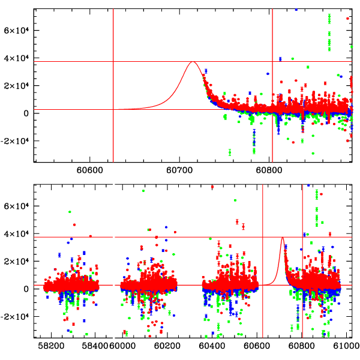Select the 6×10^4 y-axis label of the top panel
pyautogui.click(x=17, y=31)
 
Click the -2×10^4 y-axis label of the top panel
pyautogui.click(x=15, y=141)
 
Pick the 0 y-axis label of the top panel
pyautogui.click(x=27, y=113)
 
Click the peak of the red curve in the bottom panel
pyautogui.click(x=283, y=238)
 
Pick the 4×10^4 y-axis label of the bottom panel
pyautogui.click(x=17, y=233)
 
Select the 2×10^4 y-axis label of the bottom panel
pyautogui.click(x=17, y=261)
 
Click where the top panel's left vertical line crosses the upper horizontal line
pyautogui.click(x=113, y=61)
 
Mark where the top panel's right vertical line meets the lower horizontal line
pyautogui.click(x=272, y=109)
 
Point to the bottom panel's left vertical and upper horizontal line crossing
pyautogui.click(x=263, y=237)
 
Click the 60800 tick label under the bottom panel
pyautogui.click(x=302, y=346)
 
